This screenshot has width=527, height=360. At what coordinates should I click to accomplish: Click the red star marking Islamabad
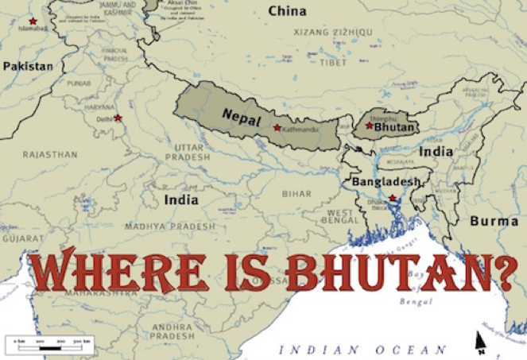[x=33, y=21]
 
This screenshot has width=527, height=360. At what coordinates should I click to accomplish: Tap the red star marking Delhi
[x=118, y=118]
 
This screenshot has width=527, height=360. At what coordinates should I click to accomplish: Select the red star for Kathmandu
[x=277, y=127]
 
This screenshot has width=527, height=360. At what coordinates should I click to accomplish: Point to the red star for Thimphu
[x=369, y=126]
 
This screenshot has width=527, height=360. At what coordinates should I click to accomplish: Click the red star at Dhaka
[x=392, y=198]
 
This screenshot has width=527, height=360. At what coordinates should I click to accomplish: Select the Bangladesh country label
[x=386, y=182]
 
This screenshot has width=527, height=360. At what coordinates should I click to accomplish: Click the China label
[x=287, y=11]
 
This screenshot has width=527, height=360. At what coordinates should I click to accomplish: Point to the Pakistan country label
[x=27, y=66]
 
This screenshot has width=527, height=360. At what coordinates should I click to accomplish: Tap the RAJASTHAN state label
[x=49, y=154]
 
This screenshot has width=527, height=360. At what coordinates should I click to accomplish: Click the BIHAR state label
[x=296, y=193]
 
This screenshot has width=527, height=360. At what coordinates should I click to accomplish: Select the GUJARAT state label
[x=22, y=238]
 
